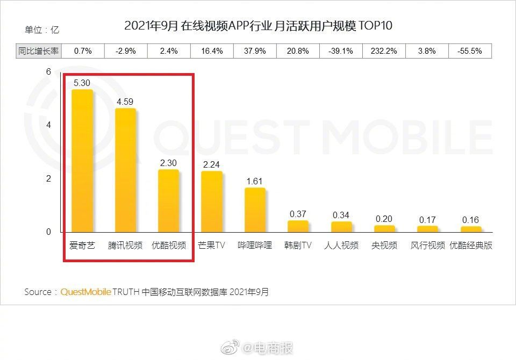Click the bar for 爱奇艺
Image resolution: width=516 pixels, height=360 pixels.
point(82,161)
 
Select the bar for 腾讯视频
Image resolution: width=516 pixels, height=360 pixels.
point(125,170)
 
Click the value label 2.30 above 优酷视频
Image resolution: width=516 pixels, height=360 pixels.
point(168,163)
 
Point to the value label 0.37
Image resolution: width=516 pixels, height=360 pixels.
point(298,214)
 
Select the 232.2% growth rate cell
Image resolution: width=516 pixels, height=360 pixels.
point(384,51)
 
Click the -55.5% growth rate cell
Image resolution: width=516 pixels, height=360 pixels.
point(470,51)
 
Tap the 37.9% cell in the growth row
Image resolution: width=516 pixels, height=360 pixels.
point(255,51)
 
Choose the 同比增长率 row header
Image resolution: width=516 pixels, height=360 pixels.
point(39,51)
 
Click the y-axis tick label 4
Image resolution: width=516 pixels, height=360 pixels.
point(48,125)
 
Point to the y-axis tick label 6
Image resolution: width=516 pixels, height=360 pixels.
point(48,71)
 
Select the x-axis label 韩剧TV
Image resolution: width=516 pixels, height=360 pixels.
point(298,246)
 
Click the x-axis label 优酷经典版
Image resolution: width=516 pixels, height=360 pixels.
point(471,246)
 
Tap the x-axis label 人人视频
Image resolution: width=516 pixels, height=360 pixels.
point(341,246)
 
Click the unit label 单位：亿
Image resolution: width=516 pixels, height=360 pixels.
point(42,30)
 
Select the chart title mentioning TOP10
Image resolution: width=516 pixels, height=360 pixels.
point(259,26)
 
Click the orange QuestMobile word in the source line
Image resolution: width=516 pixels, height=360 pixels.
point(85,292)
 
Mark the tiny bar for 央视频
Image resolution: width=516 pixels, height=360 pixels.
point(384,229)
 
